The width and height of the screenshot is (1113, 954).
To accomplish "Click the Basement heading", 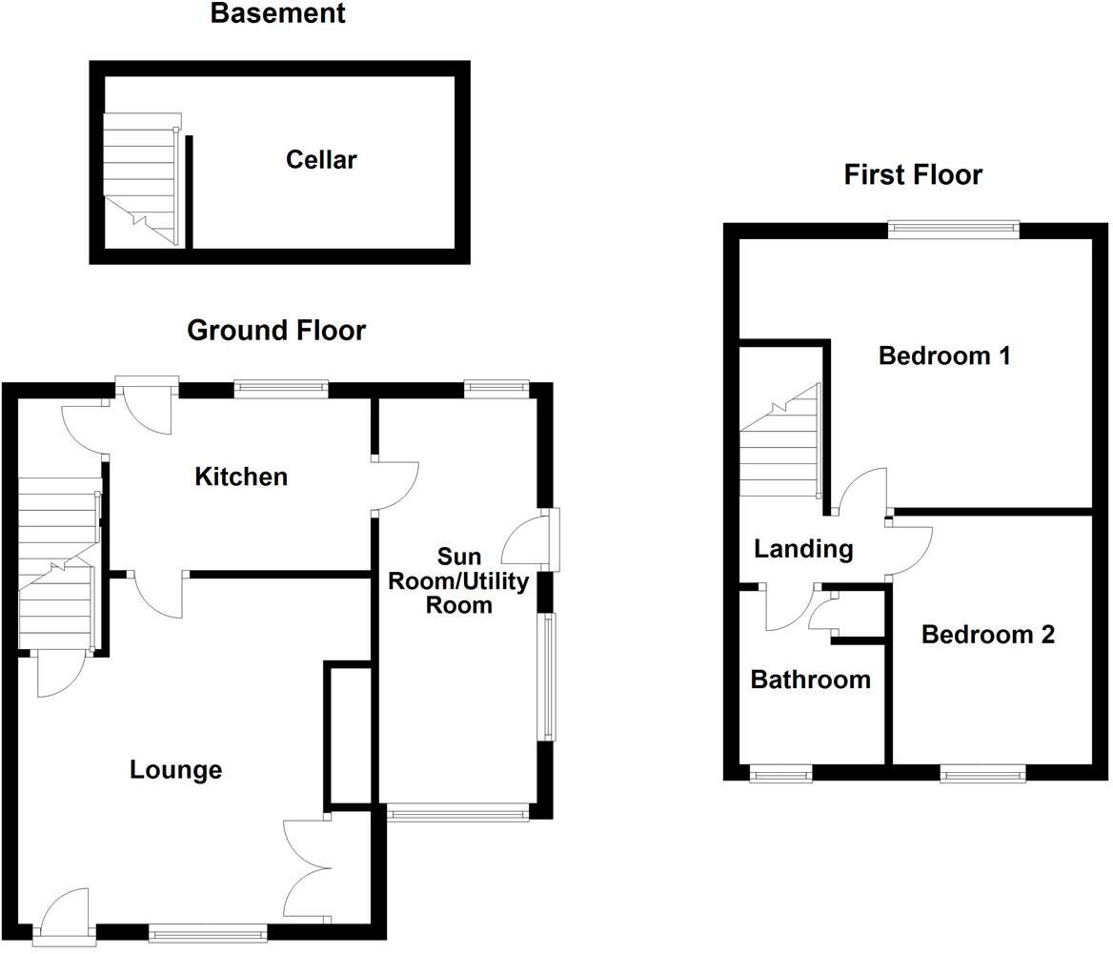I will coord(277,14).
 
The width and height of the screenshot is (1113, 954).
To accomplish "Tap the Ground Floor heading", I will coord(276,331).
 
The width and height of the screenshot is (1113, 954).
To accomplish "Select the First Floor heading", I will coord(913,175).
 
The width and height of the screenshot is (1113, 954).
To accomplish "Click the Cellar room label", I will coord(321,159).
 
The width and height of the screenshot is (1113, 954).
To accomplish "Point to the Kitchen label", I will coord(241,477).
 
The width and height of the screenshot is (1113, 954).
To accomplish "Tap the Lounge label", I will coord(175,769).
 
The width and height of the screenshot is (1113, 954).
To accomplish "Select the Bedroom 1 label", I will coord(944,356).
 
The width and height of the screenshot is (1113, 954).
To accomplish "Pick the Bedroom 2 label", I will coord(987,635).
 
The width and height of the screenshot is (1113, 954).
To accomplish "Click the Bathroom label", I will coord(810,680).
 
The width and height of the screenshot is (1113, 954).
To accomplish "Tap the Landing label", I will coord(803,549).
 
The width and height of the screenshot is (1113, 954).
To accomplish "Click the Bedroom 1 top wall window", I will coord(954,229).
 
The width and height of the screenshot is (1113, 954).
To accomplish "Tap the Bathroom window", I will coord(780,774).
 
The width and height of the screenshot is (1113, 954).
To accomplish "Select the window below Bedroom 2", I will coord(983,774).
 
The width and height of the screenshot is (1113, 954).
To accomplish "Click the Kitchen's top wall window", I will coord(281,388).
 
